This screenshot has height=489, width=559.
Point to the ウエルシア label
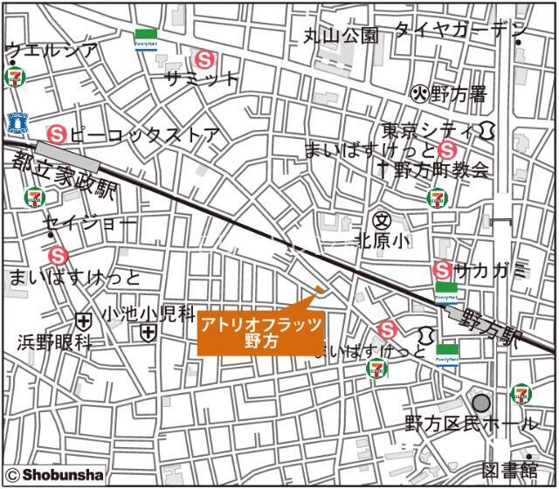(x=51, y=51)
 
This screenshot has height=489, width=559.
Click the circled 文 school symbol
(x=380, y=219)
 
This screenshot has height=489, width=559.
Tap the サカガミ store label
(x=493, y=271)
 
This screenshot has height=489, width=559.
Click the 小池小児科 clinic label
(x=141, y=312)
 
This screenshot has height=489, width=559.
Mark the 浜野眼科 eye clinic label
(x=54, y=342)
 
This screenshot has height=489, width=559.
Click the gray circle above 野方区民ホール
(x=481, y=403)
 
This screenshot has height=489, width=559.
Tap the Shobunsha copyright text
(x=54, y=475)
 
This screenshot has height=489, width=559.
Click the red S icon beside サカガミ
(x=444, y=271)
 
